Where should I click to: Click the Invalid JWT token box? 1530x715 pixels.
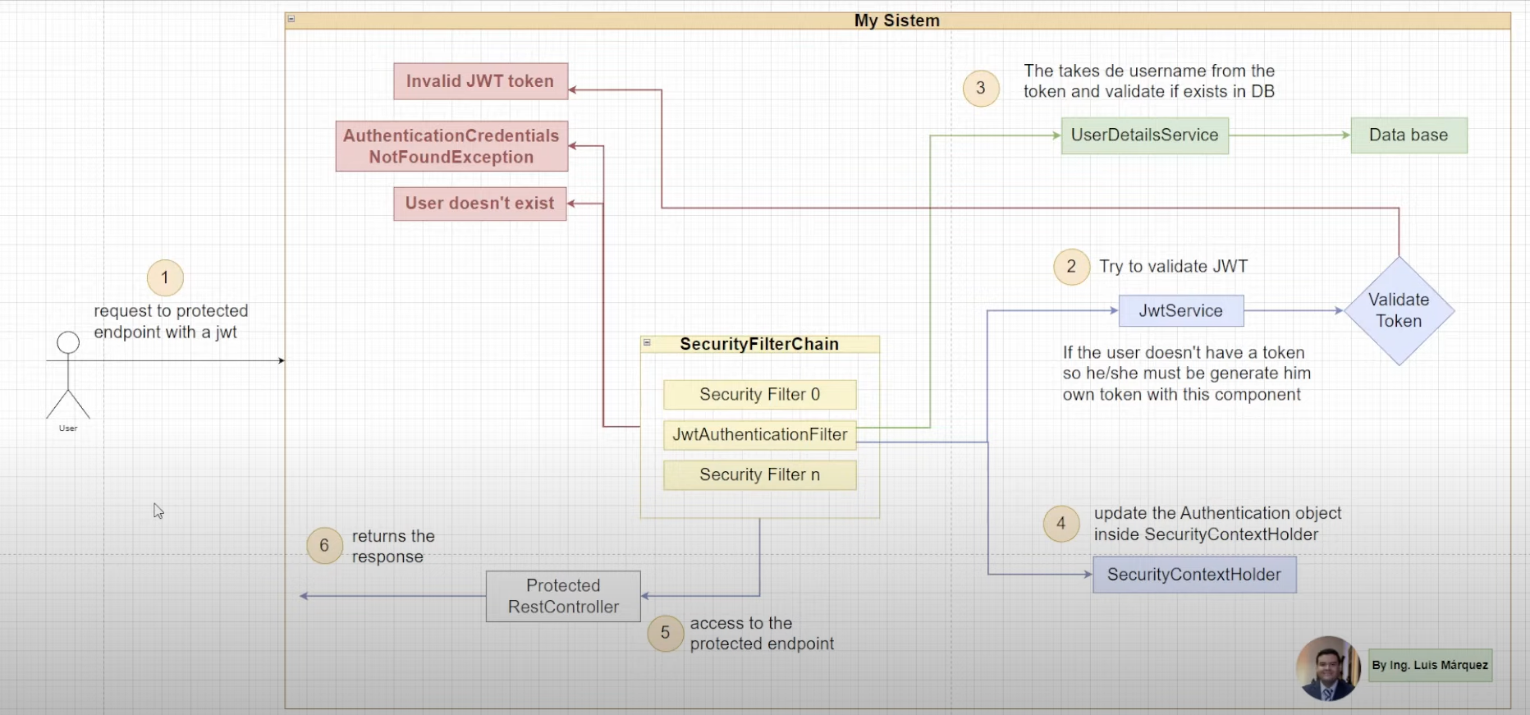coord(480,81)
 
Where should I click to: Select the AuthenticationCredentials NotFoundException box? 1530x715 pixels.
coord(451,146)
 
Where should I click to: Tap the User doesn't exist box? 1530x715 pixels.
coord(480,203)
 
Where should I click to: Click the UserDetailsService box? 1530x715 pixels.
coord(1144,135)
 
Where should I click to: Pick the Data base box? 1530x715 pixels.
coord(1409,135)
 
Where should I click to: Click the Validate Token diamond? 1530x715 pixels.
coord(1399,311)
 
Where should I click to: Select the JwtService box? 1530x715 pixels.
coord(1180,311)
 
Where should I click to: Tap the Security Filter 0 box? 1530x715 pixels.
coord(759,395)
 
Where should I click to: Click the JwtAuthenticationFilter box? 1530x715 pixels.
coord(759,435)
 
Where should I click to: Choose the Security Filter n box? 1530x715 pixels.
coord(759,475)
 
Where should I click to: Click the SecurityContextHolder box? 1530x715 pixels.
coord(1193,575)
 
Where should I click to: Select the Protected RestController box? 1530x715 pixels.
coord(563,597)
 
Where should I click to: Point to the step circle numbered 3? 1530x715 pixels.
coord(981,89)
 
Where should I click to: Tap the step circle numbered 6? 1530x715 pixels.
coord(324,546)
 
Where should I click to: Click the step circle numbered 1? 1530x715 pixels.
coord(165,278)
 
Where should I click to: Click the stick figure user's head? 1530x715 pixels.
coord(68,343)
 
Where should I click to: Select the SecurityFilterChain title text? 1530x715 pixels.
coord(759,344)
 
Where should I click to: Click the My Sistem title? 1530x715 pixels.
coord(896,21)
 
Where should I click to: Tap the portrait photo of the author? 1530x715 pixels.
coord(1327,668)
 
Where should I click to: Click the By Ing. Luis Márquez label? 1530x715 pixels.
coord(1430,665)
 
